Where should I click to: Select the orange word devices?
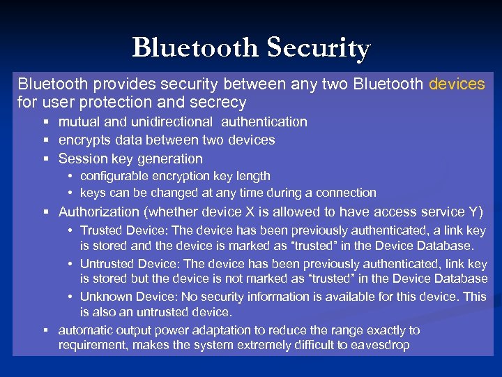(x=457, y=84)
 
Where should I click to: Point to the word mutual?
(x=78, y=121)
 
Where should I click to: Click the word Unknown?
(x=104, y=296)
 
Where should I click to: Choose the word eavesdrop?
(x=381, y=345)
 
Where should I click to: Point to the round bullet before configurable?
(x=71, y=177)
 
